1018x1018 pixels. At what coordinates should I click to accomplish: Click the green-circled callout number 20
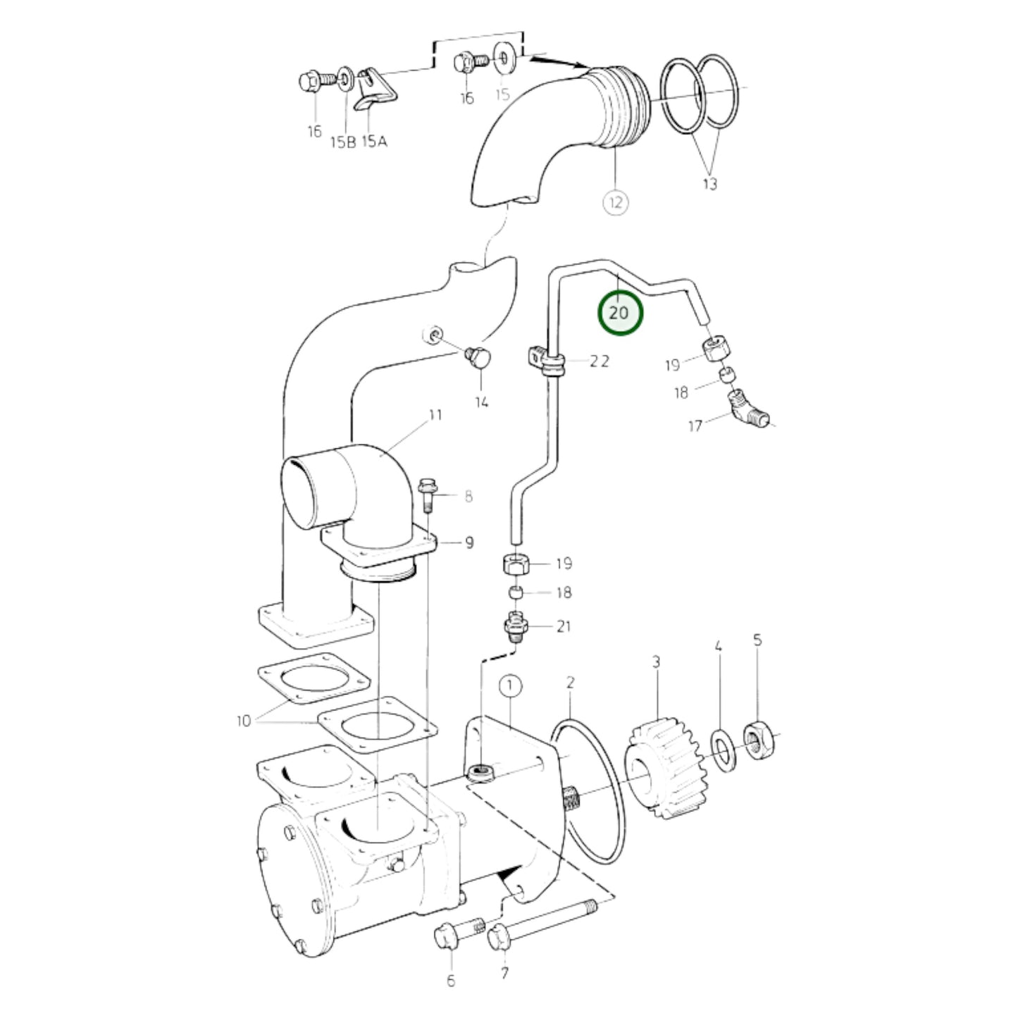[x=620, y=312]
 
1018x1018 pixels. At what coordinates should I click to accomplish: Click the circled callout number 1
[x=510, y=685]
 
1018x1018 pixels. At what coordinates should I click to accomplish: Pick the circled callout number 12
[x=616, y=203]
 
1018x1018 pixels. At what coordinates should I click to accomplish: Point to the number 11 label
[x=435, y=415]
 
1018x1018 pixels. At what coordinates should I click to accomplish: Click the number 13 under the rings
[x=709, y=184]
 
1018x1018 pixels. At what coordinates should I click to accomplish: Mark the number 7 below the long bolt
[x=504, y=974]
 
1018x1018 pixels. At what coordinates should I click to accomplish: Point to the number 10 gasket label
[x=244, y=721]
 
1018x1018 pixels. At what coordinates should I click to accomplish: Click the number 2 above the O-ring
[x=570, y=682]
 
